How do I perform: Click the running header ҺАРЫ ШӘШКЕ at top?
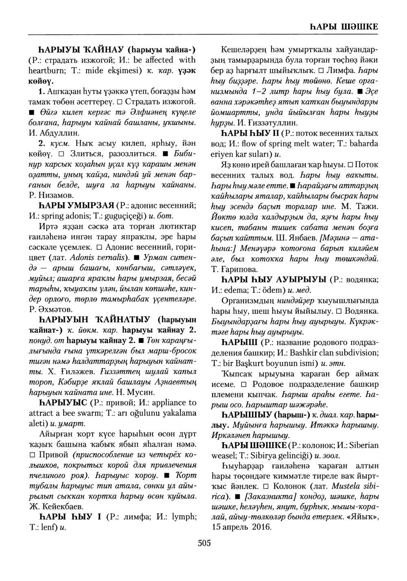[341, 26]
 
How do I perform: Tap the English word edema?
[244, 290]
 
